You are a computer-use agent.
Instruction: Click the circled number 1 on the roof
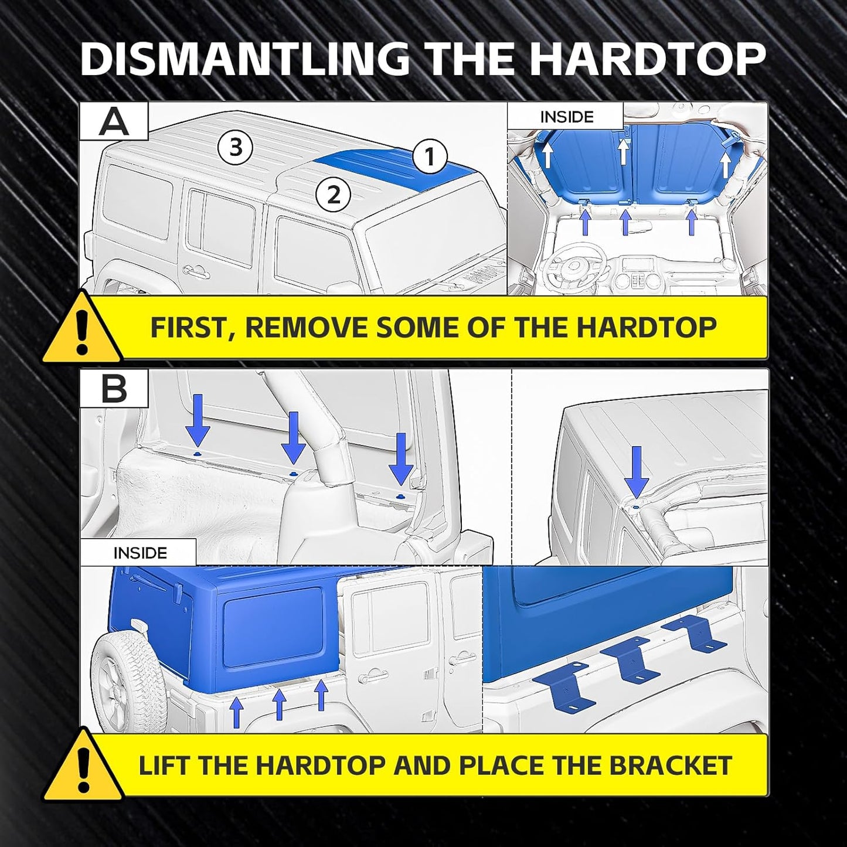[x=430, y=156]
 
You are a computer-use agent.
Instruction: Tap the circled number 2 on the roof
[x=334, y=195]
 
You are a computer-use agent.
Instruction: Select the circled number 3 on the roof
[x=235, y=147]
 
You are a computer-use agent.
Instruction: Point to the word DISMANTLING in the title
[x=245, y=59]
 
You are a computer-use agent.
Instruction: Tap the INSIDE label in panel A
[x=566, y=117]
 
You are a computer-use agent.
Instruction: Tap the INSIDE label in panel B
[x=140, y=553]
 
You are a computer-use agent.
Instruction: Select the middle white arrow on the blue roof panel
[x=624, y=151]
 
